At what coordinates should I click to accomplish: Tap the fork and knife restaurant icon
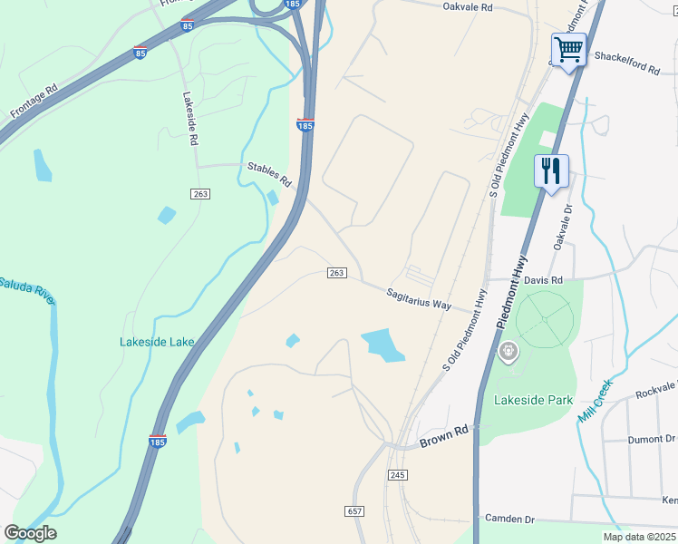[551, 170]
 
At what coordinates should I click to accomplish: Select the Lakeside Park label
[534, 400]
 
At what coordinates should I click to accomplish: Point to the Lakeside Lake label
[156, 342]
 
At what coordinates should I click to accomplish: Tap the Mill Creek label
[596, 400]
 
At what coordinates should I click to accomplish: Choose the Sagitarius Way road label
[419, 300]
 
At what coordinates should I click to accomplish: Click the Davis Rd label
[543, 280]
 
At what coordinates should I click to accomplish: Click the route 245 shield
[400, 475]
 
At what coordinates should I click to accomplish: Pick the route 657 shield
[354, 511]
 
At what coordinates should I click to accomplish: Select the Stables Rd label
[269, 174]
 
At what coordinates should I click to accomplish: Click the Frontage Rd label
[34, 102]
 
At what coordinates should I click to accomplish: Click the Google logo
[30, 533]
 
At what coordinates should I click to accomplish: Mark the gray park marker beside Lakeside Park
[508, 349]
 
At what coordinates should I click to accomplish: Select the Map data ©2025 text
[639, 537]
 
